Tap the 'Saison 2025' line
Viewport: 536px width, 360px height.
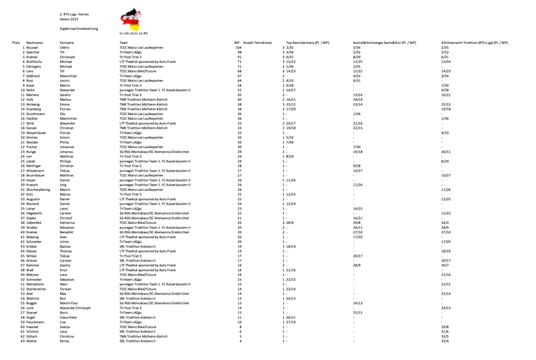pos(70,19)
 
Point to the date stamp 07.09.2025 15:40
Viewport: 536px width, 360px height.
pos(133,34)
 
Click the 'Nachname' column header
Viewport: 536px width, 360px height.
pos(34,43)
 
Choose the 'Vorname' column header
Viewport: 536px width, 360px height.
pos(67,43)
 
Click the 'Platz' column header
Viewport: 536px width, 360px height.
pos(17,43)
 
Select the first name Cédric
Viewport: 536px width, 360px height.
pos(66,47)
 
